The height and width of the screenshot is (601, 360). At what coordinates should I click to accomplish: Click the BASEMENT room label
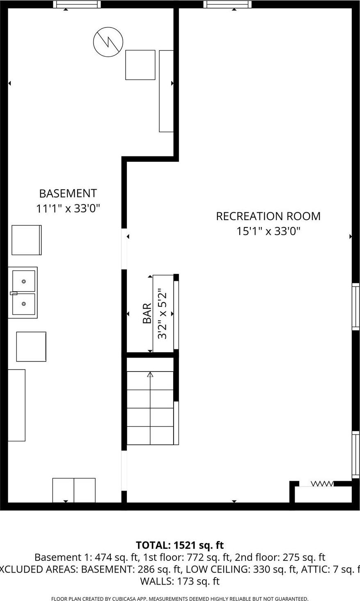pyautogui.click(x=68, y=193)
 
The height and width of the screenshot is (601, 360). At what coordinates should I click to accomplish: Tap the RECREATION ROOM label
pyautogui.click(x=268, y=216)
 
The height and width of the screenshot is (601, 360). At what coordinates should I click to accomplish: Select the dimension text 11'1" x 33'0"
pyautogui.click(x=68, y=209)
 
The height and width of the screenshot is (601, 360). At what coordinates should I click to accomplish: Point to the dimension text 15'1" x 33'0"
pyautogui.click(x=268, y=231)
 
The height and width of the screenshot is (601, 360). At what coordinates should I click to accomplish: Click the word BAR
pyautogui.click(x=147, y=313)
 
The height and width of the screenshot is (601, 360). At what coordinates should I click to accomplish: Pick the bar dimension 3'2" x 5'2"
pyautogui.click(x=163, y=313)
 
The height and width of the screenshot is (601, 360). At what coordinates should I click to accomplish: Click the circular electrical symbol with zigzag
pyautogui.click(x=108, y=41)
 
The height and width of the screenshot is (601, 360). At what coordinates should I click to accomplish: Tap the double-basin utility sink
pyautogui.click(x=23, y=293)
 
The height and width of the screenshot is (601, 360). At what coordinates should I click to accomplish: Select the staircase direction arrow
pyautogui.click(x=150, y=374)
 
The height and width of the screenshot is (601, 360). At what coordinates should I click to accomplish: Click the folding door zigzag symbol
pyautogui.click(x=322, y=484)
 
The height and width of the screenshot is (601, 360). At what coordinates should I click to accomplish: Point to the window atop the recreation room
pyautogui.click(x=227, y=5)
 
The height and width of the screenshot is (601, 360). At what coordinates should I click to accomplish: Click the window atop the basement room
pyautogui.click(x=77, y=5)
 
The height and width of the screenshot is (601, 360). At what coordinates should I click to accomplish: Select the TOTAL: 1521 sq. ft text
pyautogui.click(x=180, y=545)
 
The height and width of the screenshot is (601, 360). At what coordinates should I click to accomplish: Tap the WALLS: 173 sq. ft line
pyautogui.click(x=180, y=581)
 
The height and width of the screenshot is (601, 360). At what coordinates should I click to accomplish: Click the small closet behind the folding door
pyautogui.click(x=323, y=494)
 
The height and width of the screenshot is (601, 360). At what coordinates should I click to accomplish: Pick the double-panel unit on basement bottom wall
pyautogui.click(x=74, y=490)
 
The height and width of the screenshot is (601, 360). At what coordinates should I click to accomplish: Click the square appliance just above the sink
pyautogui.click(x=27, y=240)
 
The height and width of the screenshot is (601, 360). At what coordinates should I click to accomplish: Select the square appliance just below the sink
pyautogui.click(x=31, y=346)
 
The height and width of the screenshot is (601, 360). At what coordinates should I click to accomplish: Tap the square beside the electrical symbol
pyautogui.click(x=140, y=65)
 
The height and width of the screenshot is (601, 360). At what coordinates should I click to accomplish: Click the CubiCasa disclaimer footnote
pyautogui.click(x=180, y=599)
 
